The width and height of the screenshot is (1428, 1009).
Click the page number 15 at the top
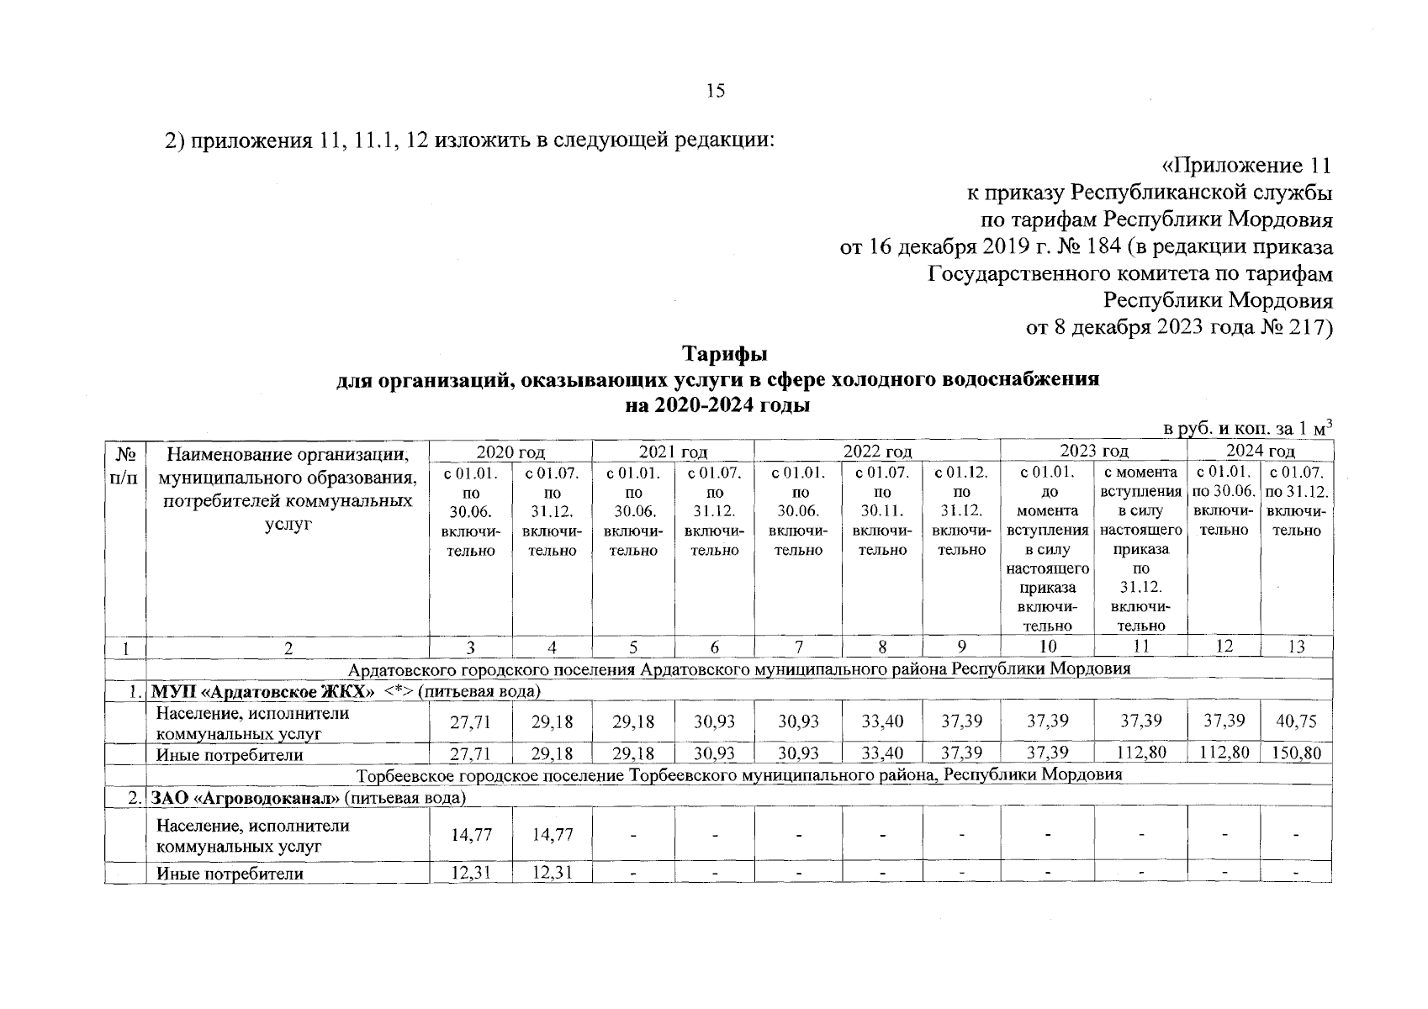(x=715, y=92)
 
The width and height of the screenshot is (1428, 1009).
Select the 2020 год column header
(x=510, y=452)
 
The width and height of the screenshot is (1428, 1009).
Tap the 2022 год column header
(x=877, y=452)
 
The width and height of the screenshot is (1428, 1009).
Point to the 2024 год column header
(x=1260, y=452)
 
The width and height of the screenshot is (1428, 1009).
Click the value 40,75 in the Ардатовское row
(x=1296, y=722)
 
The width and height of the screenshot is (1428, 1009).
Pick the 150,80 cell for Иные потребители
(x=1296, y=754)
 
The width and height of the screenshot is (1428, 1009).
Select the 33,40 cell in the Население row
(x=881, y=722)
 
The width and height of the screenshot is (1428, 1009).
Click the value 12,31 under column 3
(x=470, y=873)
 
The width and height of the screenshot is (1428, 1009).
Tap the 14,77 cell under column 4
(x=552, y=836)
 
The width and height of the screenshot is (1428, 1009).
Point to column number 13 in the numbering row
(x=1296, y=647)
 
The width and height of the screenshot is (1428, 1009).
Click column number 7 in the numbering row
(x=798, y=647)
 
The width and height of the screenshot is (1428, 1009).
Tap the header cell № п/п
(x=124, y=471)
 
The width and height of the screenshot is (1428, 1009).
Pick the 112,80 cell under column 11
(x=1140, y=754)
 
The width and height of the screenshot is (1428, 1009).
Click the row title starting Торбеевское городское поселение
(x=740, y=775)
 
